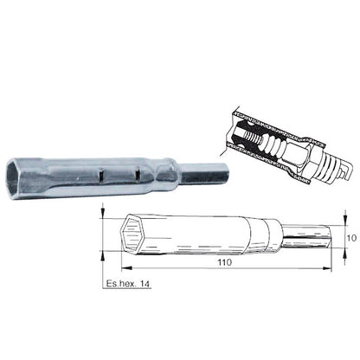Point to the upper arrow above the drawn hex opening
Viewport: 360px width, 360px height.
pos(104,213)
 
